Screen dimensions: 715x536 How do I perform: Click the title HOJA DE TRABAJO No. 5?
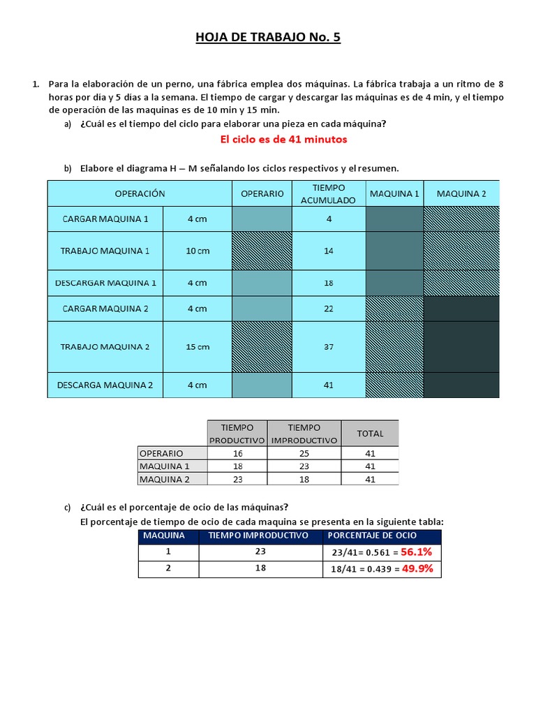point(268,37)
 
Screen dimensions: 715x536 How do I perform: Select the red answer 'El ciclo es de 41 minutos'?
point(283,140)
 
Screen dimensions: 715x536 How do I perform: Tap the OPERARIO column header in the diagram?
point(262,193)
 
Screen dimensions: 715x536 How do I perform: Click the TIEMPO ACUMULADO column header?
point(328,193)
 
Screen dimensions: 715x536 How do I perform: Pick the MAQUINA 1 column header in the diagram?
point(394,193)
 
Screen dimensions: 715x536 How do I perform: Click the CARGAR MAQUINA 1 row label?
point(105,219)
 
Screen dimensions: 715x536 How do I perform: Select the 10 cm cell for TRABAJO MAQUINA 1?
point(198,251)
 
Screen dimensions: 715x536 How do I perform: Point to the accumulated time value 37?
point(329,347)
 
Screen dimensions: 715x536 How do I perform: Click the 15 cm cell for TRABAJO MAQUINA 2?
point(198,347)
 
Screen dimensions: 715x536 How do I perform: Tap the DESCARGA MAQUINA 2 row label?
point(105,385)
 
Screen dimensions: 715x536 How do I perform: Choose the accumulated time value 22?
point(329,309)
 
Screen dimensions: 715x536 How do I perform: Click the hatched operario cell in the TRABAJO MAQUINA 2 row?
point(262,347)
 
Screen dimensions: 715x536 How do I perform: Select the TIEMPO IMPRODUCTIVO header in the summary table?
point(304,434)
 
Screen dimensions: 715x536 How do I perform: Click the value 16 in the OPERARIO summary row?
point(237,453)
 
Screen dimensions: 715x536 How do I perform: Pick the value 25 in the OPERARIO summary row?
point(304,453)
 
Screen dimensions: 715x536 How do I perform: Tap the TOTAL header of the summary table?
point(370,434)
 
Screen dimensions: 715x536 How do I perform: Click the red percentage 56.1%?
point(417,552)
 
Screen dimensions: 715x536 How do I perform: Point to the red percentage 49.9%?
point(417,569)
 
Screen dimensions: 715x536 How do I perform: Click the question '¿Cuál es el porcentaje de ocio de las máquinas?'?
point(184,507)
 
